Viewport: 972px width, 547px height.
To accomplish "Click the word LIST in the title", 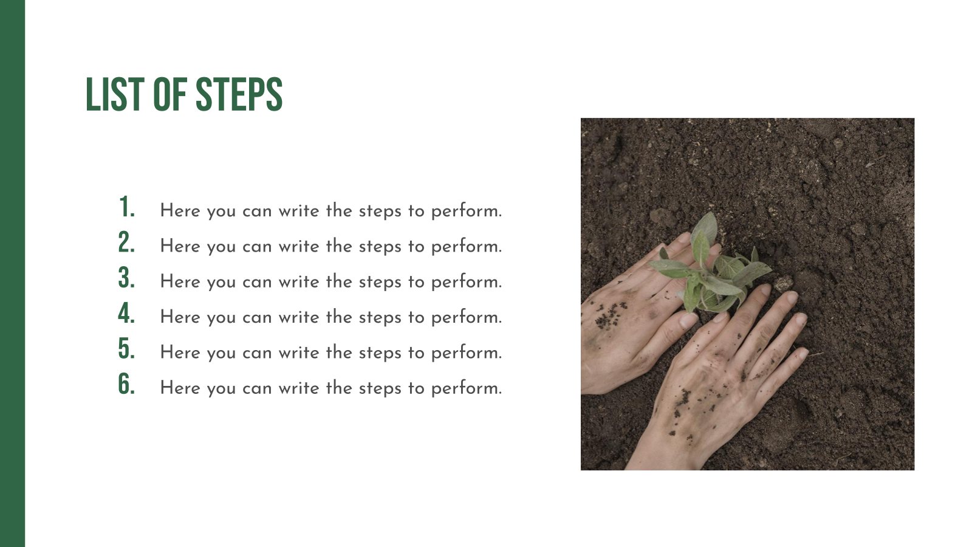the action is point(115,94).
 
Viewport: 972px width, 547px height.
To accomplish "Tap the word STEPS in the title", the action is point(239,94).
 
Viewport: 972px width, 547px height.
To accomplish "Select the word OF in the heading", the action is point(170,94).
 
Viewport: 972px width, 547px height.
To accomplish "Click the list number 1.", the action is point(127,207).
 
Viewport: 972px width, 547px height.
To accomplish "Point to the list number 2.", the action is point(127,243).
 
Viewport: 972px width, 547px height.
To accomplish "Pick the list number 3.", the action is point(127,278).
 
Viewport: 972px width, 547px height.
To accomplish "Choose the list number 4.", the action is point(127,313).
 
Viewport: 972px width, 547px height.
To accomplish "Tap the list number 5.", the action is point(127,349).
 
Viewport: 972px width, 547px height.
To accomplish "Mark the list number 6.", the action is point(127,384).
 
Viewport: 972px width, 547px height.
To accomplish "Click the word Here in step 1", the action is point(180,211).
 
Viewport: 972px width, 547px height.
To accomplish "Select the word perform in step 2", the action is point(467,247).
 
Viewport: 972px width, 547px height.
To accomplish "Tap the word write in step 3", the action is point(299,282).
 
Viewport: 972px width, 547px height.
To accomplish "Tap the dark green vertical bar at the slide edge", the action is point(13,273).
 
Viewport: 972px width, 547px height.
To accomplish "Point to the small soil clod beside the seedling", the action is point(784,283).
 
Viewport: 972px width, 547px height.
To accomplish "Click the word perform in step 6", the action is point(467,388).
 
